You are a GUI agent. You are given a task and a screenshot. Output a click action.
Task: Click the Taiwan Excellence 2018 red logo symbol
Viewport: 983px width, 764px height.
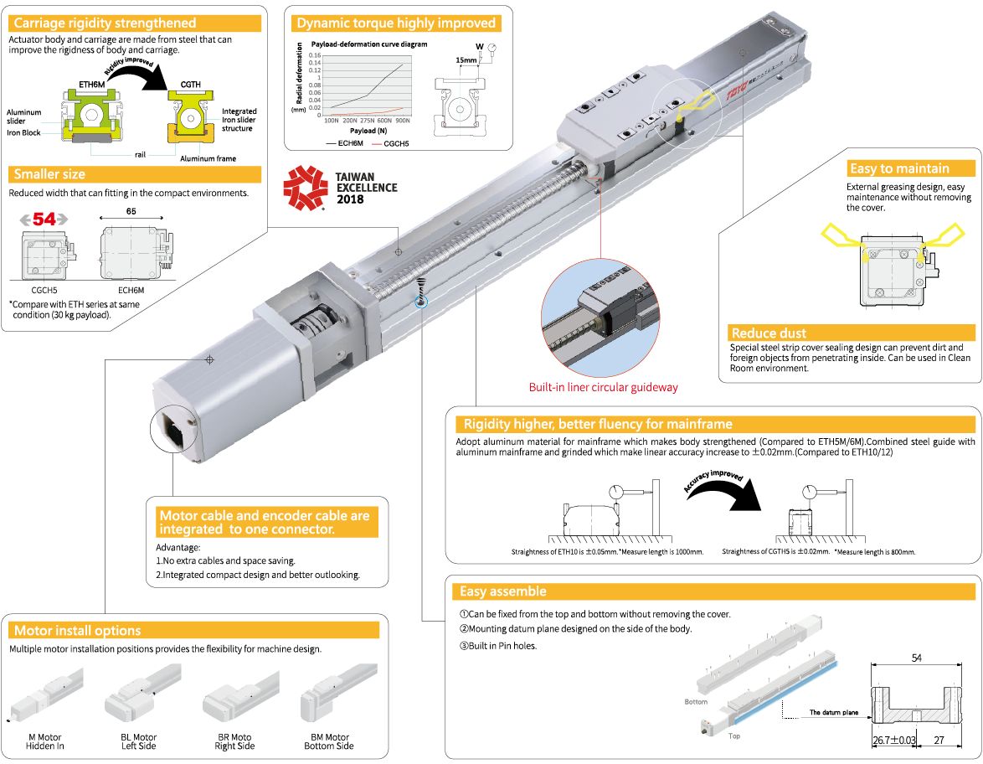(304, 187)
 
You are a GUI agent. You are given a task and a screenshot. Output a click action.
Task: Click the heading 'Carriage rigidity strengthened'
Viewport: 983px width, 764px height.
(105, 23)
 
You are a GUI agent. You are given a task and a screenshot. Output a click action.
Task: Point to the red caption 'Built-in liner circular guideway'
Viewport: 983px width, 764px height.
(603, 388)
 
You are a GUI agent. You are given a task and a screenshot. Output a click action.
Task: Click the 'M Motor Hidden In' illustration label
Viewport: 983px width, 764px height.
(45, 741)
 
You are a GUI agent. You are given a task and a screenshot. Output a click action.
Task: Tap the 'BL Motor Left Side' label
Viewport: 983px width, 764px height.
(139, 741)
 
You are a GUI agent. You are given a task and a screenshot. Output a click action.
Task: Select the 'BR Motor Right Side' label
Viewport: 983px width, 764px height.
(234, 741)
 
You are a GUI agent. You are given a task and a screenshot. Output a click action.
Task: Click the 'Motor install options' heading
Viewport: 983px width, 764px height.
(77, 630)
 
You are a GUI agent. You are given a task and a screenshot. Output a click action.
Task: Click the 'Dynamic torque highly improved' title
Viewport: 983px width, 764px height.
(396, 23)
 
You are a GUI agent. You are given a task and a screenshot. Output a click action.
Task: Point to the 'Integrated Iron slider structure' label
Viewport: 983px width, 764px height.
(239, 120)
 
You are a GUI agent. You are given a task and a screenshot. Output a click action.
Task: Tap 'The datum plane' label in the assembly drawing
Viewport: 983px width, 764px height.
(834, 713)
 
